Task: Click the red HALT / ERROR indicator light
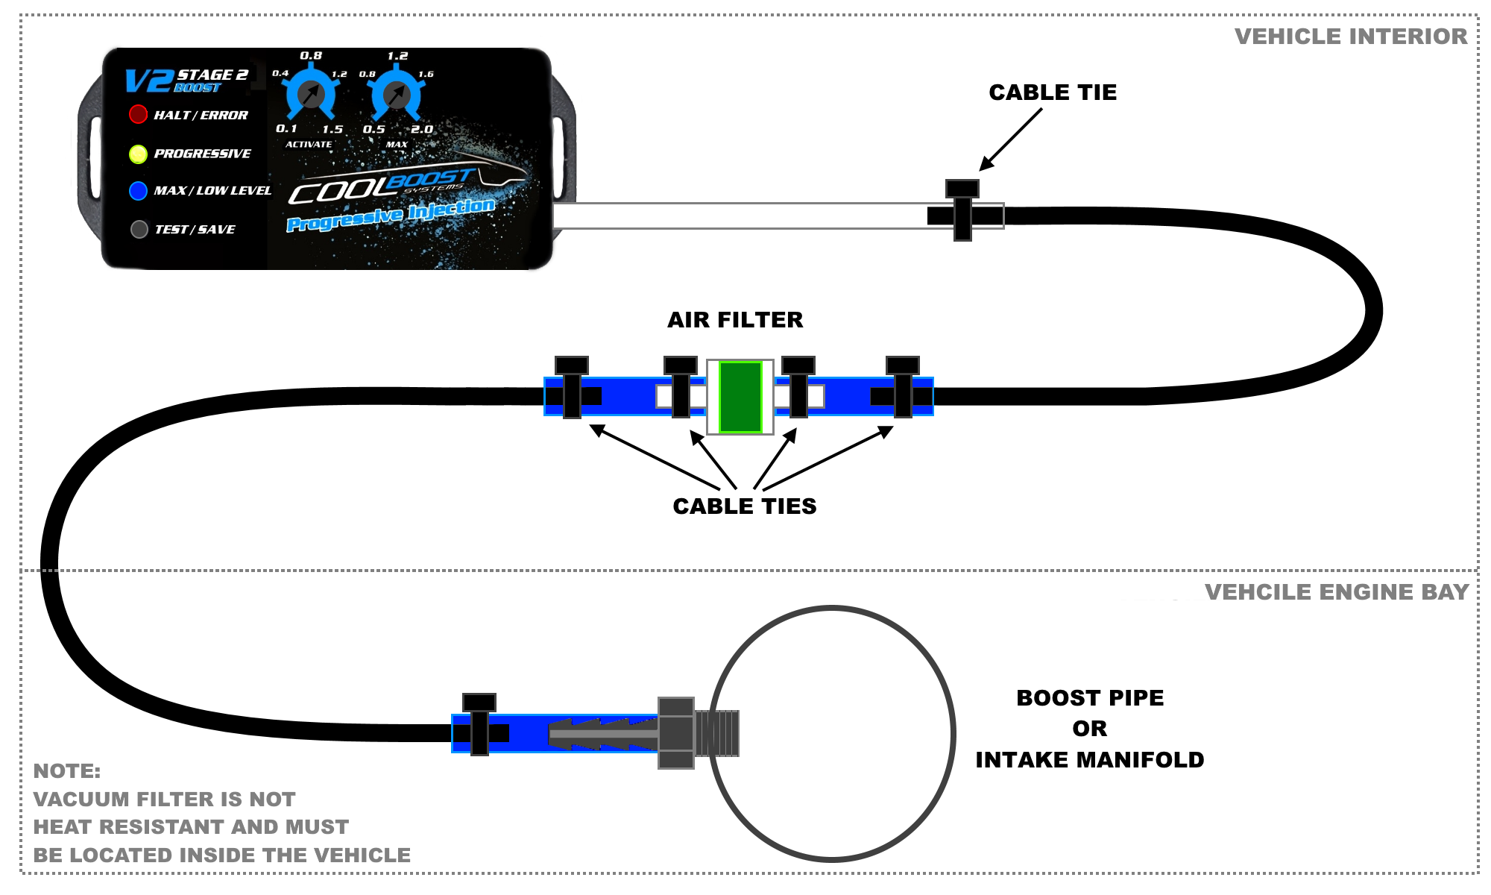point(138,114)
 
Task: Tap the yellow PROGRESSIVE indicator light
point(138,154)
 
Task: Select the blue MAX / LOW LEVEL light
point(138,191)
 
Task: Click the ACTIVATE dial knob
point(310,94)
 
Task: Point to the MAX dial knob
point(397,94)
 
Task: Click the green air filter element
point(740,397)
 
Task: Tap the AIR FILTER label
point(735,320)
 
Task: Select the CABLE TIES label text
point(744,506)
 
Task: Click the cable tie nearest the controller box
point(962,210)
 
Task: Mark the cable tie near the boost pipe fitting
point(479,724)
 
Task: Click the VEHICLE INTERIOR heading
point(1350,37)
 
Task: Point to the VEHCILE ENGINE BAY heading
point(1336,592)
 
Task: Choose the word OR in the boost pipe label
point(1089,729)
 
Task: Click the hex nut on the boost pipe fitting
point(676,733)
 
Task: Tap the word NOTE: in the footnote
point(67,771)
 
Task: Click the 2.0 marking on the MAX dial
point(422,129)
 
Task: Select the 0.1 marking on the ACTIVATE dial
point(286,128)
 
